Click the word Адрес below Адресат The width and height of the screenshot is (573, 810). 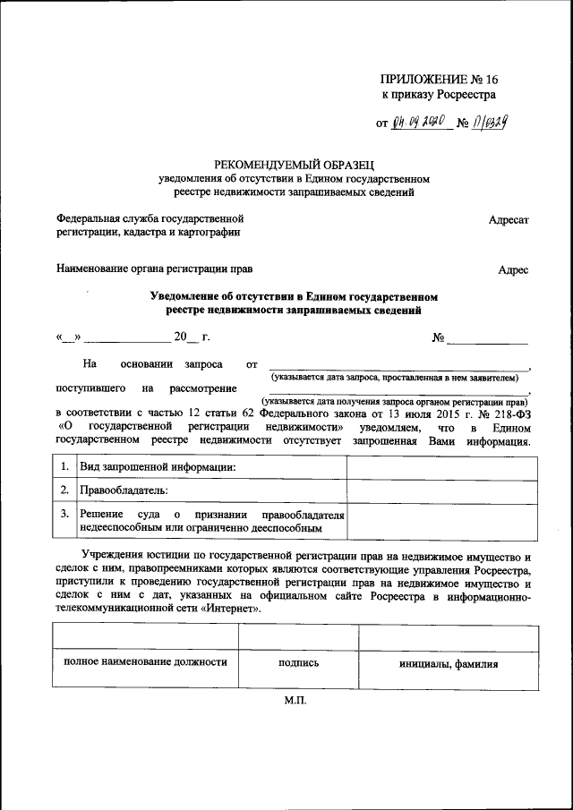(x=513, y=269)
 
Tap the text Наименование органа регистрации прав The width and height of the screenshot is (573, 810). (x=154, y=269)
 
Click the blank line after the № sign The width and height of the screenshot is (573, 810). (x=487, y=339)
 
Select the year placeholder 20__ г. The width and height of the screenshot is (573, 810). (x=192, y=337)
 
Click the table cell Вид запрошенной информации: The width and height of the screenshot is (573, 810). (x=158, y=468)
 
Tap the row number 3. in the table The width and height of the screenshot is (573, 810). (x=64, y=515)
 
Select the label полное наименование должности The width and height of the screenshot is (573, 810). (x=144, y=663)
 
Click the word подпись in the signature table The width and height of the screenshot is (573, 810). (x=297, y=664)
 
